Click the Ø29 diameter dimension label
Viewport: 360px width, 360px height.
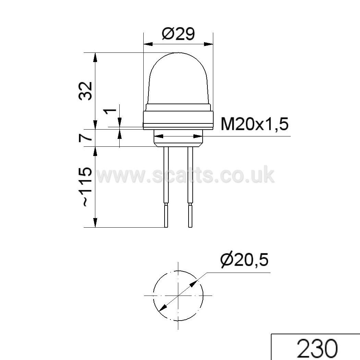click(178, 34)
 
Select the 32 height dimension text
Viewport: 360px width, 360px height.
click(85, 91)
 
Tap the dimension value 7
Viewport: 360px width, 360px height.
click(85, 138)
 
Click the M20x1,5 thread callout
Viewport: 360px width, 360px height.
click(254, 124)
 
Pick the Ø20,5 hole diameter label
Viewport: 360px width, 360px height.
click(244, 261)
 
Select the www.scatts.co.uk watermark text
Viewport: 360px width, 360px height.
click(186, 176)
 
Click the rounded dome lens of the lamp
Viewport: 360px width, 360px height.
click(178, 78)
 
